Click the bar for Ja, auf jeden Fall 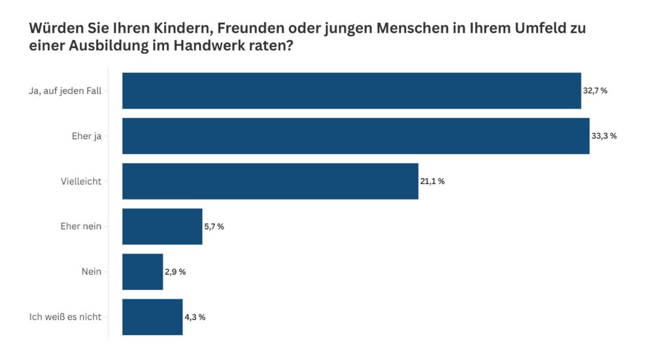pyautogui.click(x=351, y=90)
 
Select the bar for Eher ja pyautogui.click(x=356, y=136)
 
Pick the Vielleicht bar pyautogui.click(x=270, y=181)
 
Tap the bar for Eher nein pyautogui.click(x=162, y=226)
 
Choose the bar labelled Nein pyautogui.click(x=143, y=271)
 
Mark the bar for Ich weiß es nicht pyautogui.click(x=152, y=317)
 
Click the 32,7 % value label pyautogui.click(x=595, y=91)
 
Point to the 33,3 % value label pyautogui.click(x=604, y=136)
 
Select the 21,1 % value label pyautogui.click(x=432, y=181)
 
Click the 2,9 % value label pyautogui.click(x=175, y=271)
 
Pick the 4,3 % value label pyautogui.click(x=195, y=317)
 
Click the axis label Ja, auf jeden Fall pyautogui.click(x=65, y=91)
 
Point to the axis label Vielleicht pyautogui.click(x=81, y=181)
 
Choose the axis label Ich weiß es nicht pyautogui.click(x=65, y=317)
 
